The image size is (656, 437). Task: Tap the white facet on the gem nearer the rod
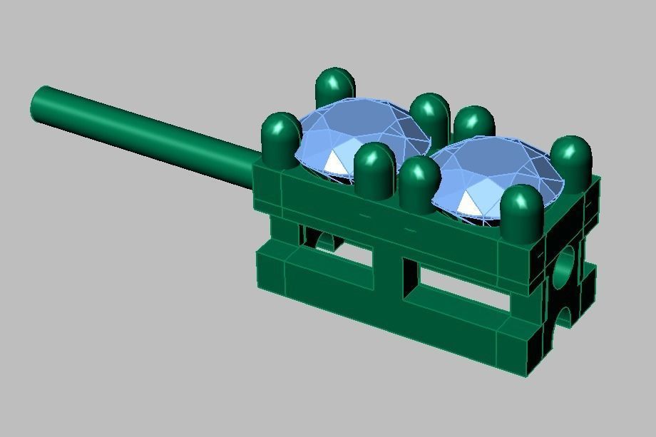tap(334, 163)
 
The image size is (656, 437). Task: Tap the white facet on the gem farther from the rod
tap(469, 203)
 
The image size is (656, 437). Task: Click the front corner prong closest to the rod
tap(281, 139)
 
